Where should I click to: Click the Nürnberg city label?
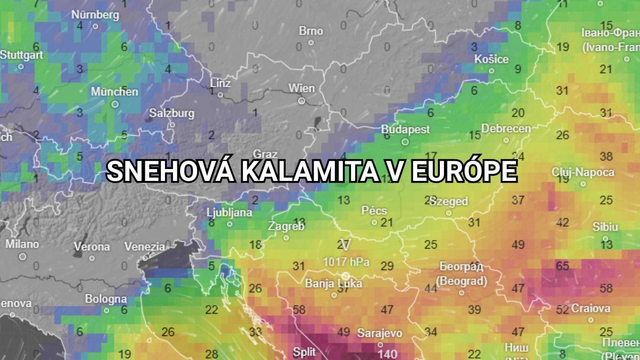coord(96,15)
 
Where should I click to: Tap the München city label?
coord(114,91)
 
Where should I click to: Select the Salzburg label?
coord(171,113)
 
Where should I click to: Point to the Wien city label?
coord(301,88)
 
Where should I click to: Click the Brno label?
coord(311,30)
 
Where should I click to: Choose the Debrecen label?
coord(505,129)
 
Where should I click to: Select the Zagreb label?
coord(286,226)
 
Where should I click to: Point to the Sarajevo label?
coord(379,333)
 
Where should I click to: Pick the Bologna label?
coord(106,298)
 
